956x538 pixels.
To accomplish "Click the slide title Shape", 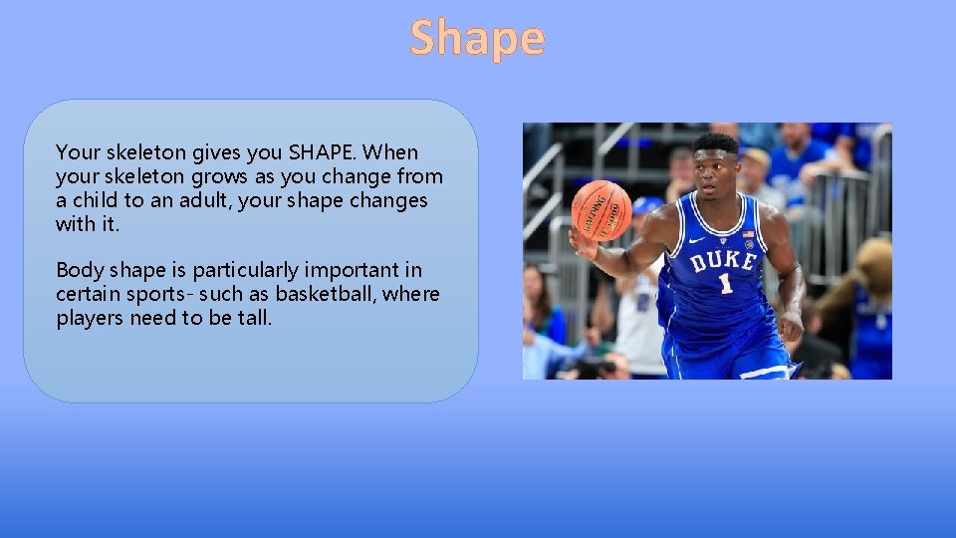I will tap(477, 38).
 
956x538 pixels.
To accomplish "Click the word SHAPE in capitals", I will tap(324, 152).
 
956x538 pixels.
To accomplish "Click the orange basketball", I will tap(601, 209).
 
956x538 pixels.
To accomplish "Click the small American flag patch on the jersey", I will tap(748, 235).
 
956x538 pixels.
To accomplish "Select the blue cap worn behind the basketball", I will tap(647, 205).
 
